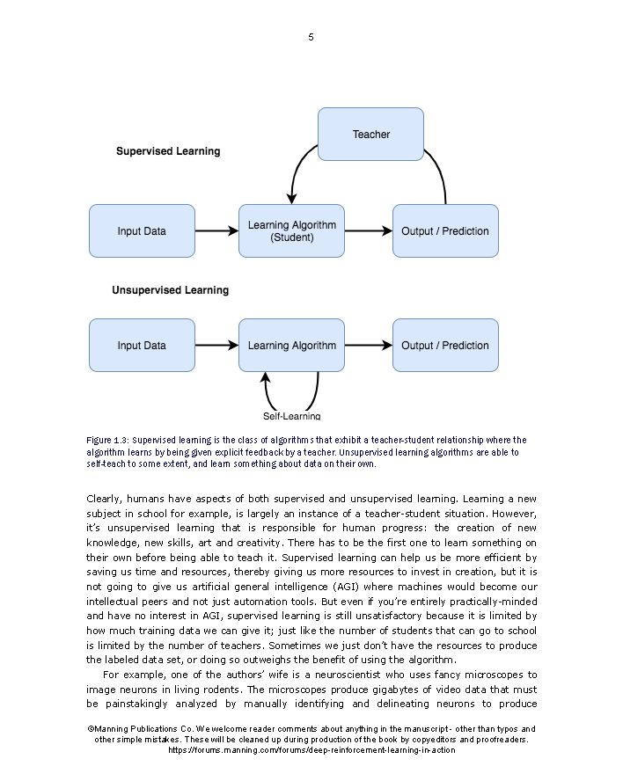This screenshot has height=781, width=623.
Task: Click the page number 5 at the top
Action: (x=311, y=37)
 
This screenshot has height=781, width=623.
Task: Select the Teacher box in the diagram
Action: (x=370, y=135)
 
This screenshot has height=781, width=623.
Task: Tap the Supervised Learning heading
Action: (x=168, y=151)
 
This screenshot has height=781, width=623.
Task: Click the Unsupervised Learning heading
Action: (x=170, y=290)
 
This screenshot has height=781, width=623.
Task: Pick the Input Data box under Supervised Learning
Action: (x=142, y=231)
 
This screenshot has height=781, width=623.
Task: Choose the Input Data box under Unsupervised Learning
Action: (x=142, y=346)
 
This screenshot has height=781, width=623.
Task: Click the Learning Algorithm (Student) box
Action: (x=291, y=231)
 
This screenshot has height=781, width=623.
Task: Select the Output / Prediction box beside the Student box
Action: (x=444, y=231)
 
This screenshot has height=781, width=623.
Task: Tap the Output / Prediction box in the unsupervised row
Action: (x=444, y=346)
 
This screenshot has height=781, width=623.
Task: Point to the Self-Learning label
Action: (x=291, y=416)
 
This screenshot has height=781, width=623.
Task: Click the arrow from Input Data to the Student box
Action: (x=216, y=231)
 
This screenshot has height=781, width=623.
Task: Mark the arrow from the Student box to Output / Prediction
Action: (x=368, y=231)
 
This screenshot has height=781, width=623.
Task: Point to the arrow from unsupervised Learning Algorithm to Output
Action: (x=368, y=346)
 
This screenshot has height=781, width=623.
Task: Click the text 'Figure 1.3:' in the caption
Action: (x=108, y=440)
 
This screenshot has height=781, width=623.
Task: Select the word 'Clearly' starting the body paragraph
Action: (x=104, y=499)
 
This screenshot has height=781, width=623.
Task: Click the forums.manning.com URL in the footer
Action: (x=311, y=750)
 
